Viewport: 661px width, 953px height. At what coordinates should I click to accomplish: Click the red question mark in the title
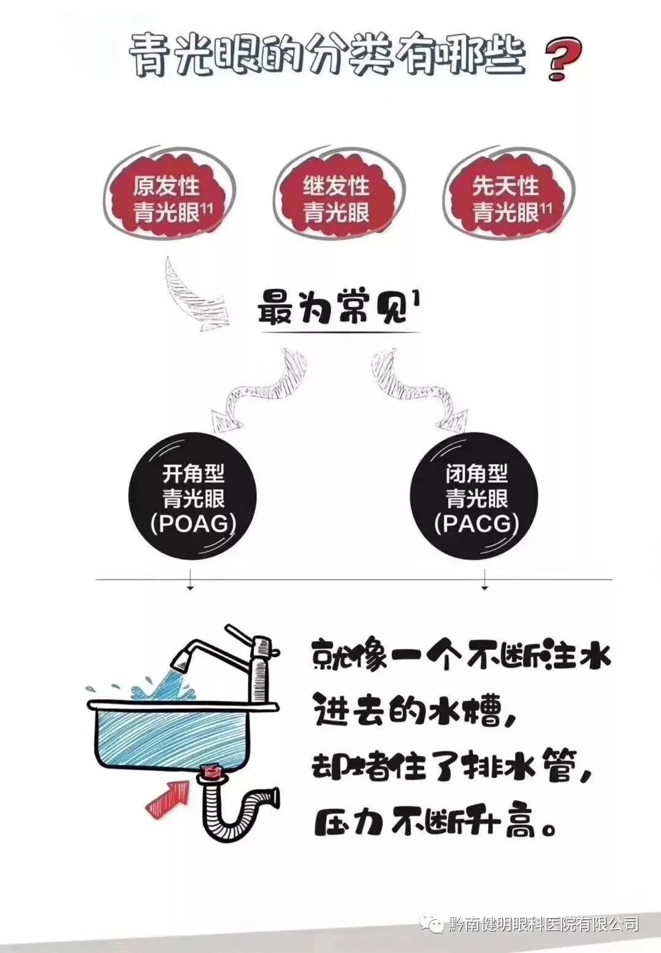point(563,59)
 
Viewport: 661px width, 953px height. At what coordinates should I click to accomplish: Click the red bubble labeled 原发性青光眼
point(169,198)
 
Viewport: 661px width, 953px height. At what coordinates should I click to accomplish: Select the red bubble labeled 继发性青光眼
point(337,198)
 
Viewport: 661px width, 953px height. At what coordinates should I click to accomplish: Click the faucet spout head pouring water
point(181,659)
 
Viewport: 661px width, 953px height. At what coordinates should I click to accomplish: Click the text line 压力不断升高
point(435,824)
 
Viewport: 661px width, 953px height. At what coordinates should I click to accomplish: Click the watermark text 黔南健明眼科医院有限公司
point(544,924)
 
